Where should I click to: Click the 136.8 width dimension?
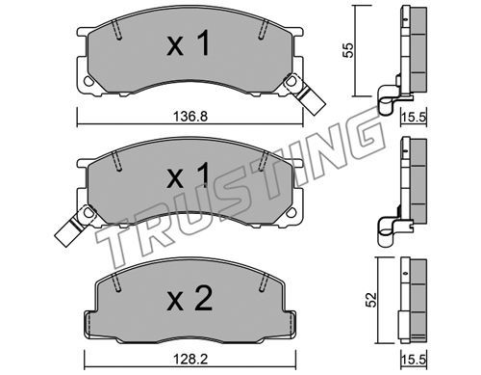(x=190, y=116)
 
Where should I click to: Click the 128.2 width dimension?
(x=190, y=360)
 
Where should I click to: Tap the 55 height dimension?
(x=348, y=49)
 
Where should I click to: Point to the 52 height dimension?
(x=371, y=300)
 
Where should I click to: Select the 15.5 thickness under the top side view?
(x=414, y=117)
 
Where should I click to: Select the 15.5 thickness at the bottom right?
(x=414, y=360)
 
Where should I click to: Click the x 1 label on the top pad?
(x=189, y=42)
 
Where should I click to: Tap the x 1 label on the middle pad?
(x=189, y=175)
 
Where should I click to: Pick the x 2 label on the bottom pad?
(x=190, y=299)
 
